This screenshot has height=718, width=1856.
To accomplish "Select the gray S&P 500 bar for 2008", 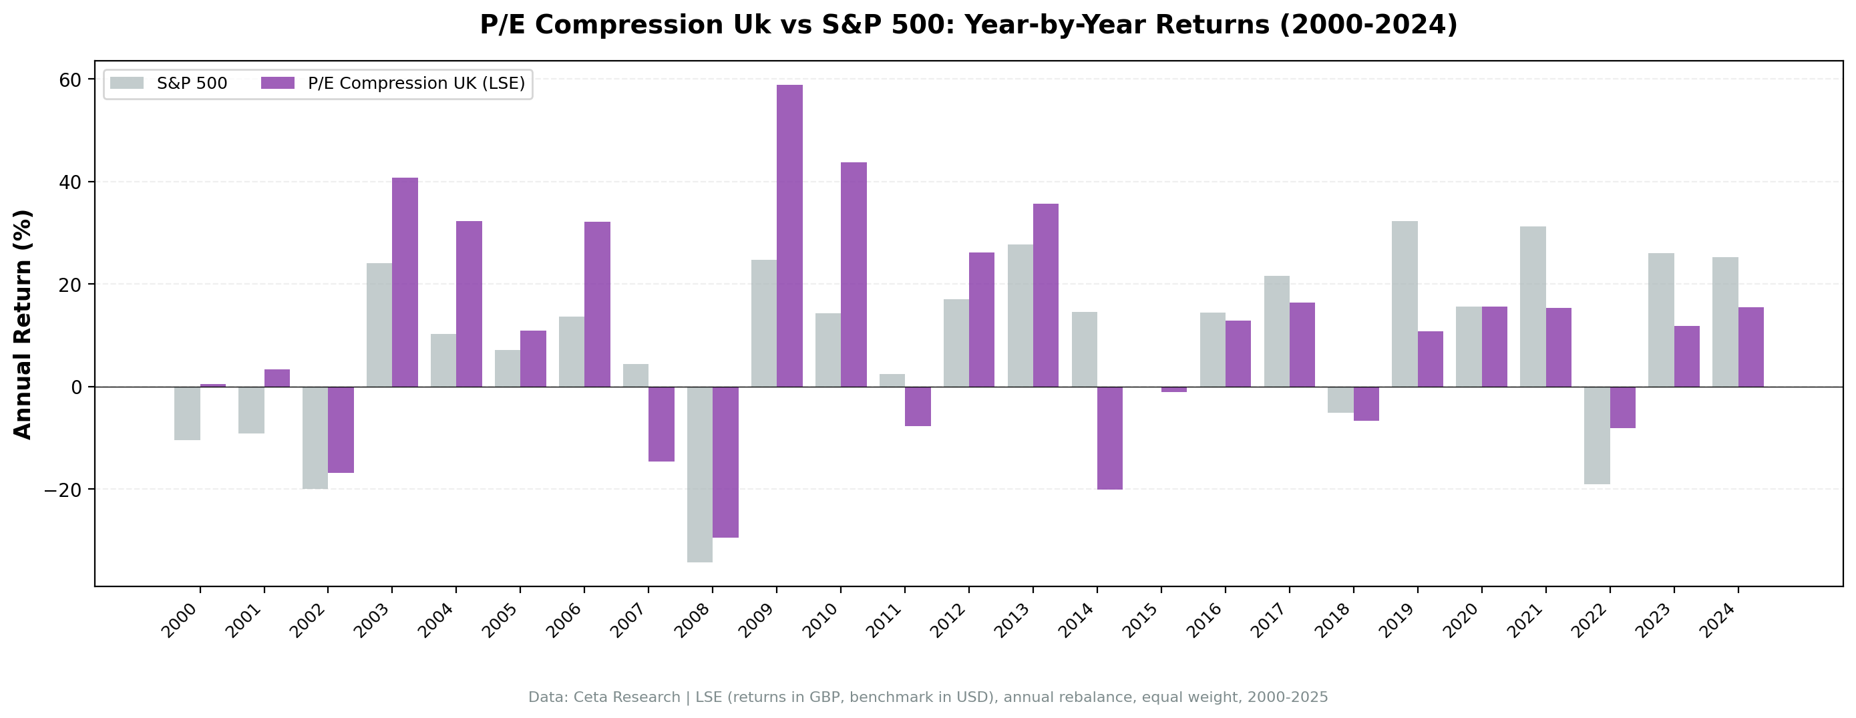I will click(700, 474).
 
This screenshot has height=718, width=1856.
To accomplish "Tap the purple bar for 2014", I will click(1109, 437).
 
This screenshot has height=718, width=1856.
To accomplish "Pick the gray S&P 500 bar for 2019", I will click(1405, 303).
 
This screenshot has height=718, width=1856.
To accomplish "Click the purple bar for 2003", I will click(405, 282).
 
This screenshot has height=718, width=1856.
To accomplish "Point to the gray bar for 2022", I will click(1597, 435).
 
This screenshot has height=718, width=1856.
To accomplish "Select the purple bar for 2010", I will click(853, 274).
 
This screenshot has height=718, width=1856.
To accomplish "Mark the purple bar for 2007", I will click(661, 423).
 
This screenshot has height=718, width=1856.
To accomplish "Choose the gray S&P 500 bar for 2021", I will click(1533, 307).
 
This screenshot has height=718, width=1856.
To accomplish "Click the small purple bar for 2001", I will click(276, 378).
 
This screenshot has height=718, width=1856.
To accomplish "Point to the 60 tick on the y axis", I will click(70, 79).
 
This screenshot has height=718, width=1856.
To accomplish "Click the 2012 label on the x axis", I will click(950, 620).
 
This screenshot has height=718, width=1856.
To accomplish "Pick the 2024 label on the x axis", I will click(1718, 620).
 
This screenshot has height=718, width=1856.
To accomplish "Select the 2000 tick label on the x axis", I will click(180, 620).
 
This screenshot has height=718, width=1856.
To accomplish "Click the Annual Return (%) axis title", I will click(23, 324).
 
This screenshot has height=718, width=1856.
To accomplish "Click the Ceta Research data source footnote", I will click(928, 697).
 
